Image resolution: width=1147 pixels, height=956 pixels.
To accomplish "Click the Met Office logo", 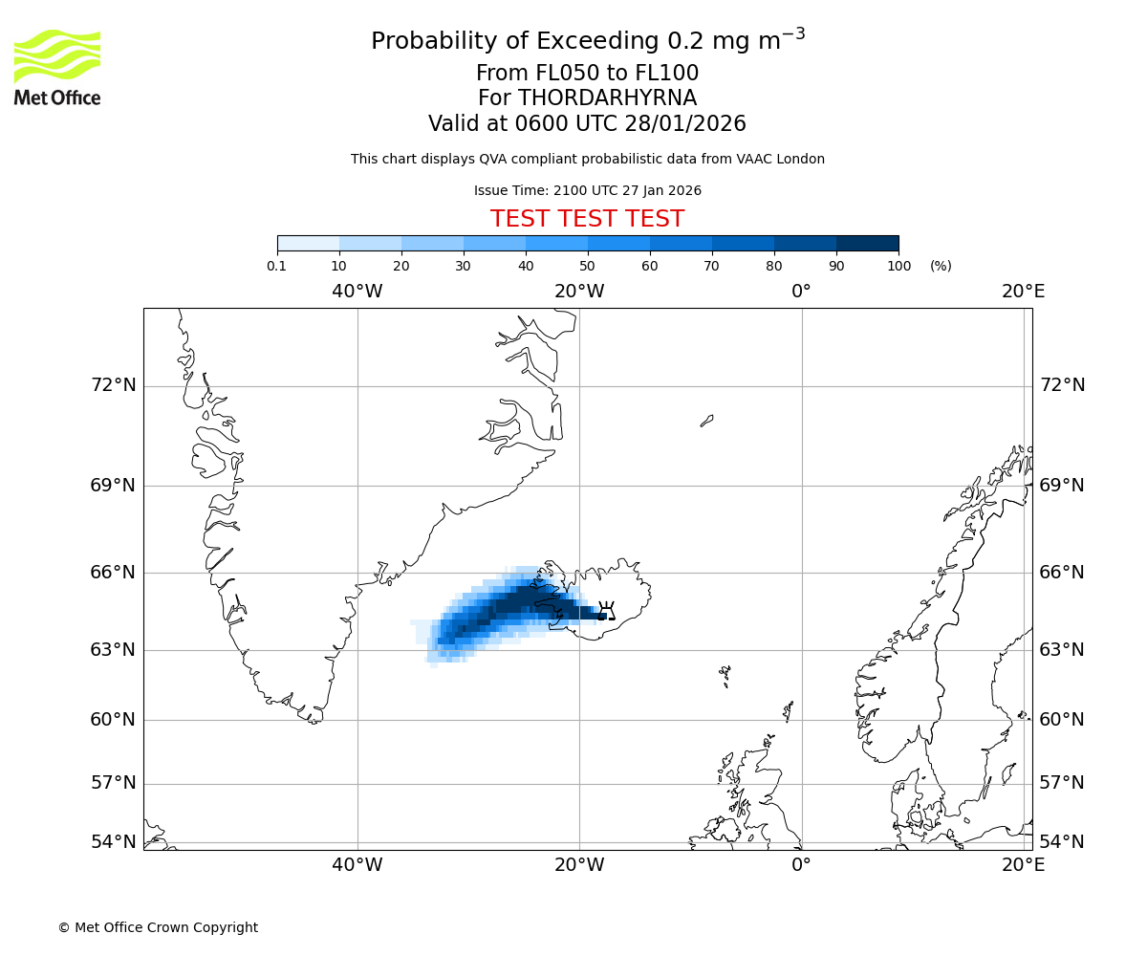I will [x=57, y=67].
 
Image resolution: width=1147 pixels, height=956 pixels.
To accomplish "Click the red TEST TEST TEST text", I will [x=587, y=220].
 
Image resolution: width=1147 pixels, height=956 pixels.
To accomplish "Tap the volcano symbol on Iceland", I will [x=605, y=611].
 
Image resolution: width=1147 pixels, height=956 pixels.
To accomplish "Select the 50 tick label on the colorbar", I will [x=587, y=266].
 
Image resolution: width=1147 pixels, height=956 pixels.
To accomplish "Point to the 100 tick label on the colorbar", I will [x=898, y=266].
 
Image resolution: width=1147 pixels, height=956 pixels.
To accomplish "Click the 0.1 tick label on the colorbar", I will [x=277, y=266].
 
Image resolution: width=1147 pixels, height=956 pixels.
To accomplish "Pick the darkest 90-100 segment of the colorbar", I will [x=867, y=244].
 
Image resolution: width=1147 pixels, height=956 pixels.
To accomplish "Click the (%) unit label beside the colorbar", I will [x=941, y=266].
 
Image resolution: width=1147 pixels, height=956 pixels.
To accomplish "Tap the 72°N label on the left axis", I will [x=113, y=385].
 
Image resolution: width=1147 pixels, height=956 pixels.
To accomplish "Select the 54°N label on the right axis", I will [x=1062, y=842].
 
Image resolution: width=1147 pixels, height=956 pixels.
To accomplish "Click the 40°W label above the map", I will [x=357, y=292].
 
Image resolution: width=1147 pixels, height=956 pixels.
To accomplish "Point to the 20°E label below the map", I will [x=1023, y=865].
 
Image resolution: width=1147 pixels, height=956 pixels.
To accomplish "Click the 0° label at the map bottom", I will [x=801, y=865].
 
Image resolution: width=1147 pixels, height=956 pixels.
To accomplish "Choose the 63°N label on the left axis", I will [x=113, y=650].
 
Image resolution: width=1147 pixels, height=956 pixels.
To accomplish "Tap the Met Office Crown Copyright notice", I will [x=158, y=927].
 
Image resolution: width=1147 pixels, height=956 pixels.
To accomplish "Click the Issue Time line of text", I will [x=587, y=191].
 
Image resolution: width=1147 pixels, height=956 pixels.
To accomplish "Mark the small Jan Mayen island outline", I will [x=706, y=421].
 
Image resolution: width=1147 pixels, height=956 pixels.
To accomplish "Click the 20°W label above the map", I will [x=579, y=292].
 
